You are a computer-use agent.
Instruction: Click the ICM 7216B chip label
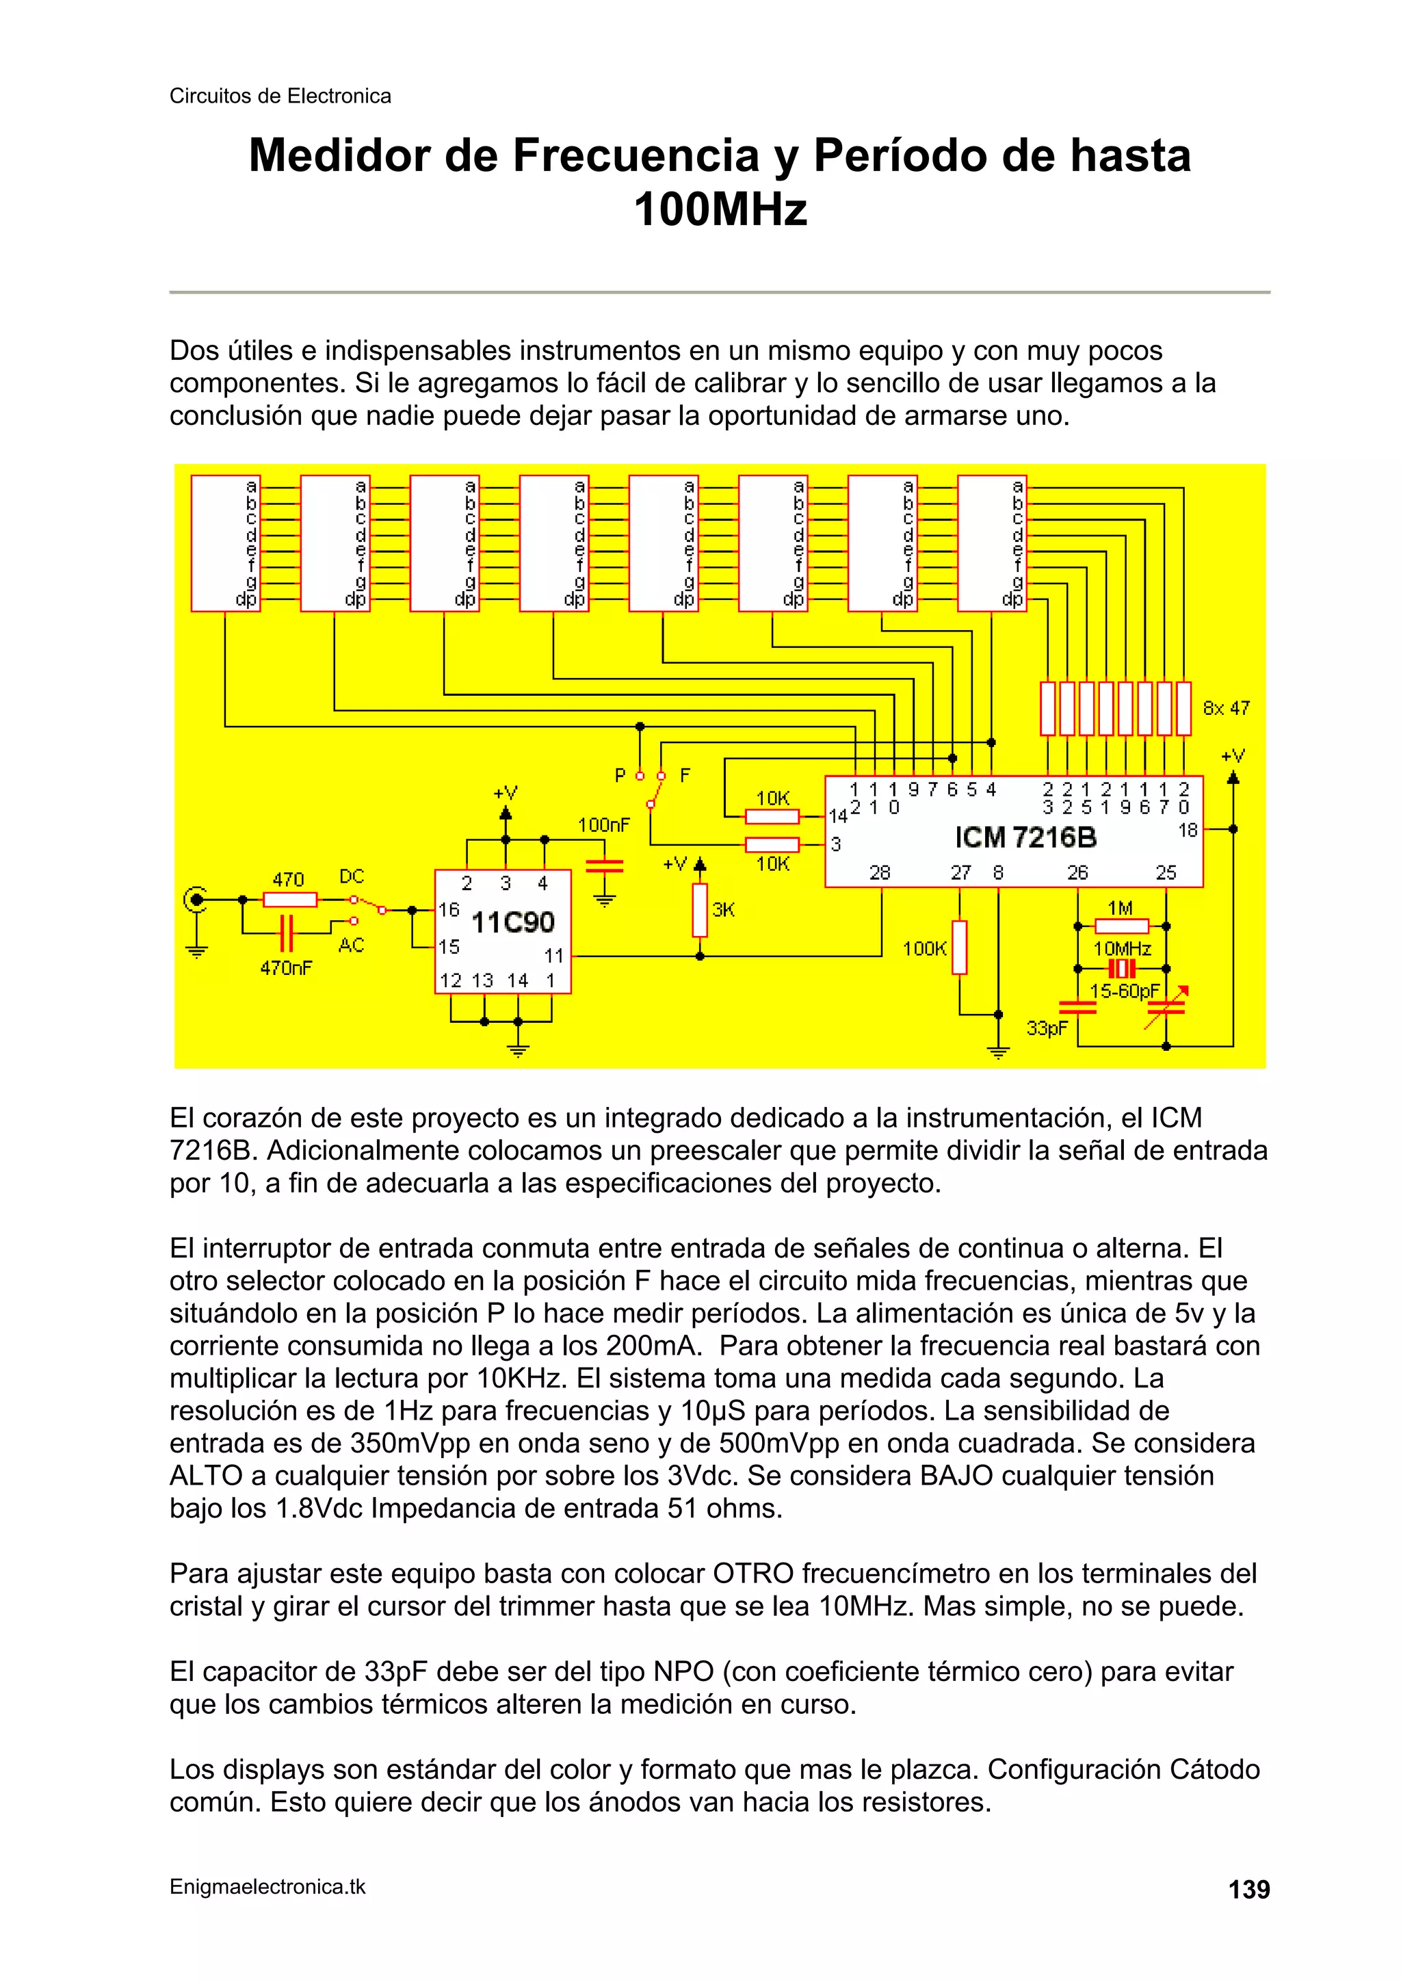pos(1025,837)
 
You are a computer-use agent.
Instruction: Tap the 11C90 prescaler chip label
pos(513,922)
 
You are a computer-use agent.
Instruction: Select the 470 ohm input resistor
pos(289,900)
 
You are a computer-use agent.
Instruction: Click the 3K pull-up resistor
pos(700,910)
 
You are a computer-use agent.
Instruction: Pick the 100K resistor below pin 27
pos(959,948)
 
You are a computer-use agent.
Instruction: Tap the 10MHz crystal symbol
pos(1121,969)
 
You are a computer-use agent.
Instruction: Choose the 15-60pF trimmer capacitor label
pos(1124,991)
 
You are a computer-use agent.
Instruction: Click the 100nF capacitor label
pos(603,825)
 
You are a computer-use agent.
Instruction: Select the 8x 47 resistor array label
pos(1226,708)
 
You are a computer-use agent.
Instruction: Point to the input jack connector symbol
pos(197,900)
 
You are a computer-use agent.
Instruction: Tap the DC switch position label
pos(352,876)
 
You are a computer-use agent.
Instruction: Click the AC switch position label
pos(352,946)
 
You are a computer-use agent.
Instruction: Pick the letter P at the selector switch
pos(620,775)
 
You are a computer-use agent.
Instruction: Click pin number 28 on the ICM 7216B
pos(880,873)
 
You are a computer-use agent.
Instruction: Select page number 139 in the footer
pos(1249,1890)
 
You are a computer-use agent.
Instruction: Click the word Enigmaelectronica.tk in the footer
pos(267,1887)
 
